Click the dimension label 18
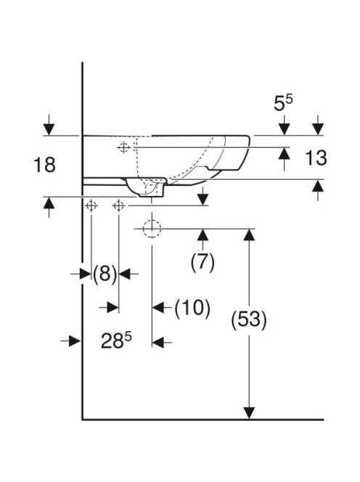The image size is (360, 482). tap(44, 165)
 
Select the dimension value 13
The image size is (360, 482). tap(316, 158)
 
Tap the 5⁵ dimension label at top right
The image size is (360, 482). tap(283, 103)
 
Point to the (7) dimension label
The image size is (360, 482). tap(202, 263)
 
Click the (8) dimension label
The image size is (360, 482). tap(105, 274)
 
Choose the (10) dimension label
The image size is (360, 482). tap(192, 307)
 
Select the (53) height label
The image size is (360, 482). tap(249, 319)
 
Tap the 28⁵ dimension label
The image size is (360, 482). tap(116, 341)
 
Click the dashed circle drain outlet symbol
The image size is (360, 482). tap(152, 229)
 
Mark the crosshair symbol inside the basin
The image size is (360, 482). tap(123, 147)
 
